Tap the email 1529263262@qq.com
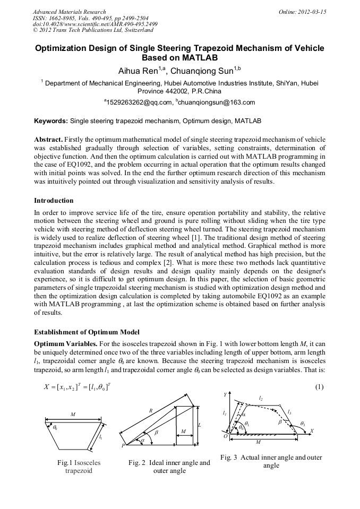coord(139,102)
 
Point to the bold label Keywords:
coord(51,121)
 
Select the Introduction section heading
coord(54,201)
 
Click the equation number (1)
coord(319,386)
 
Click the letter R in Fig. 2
coord(151,411)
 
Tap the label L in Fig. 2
coord(199,426)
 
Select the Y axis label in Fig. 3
coord(225,395)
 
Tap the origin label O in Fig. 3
coord(225,436)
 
